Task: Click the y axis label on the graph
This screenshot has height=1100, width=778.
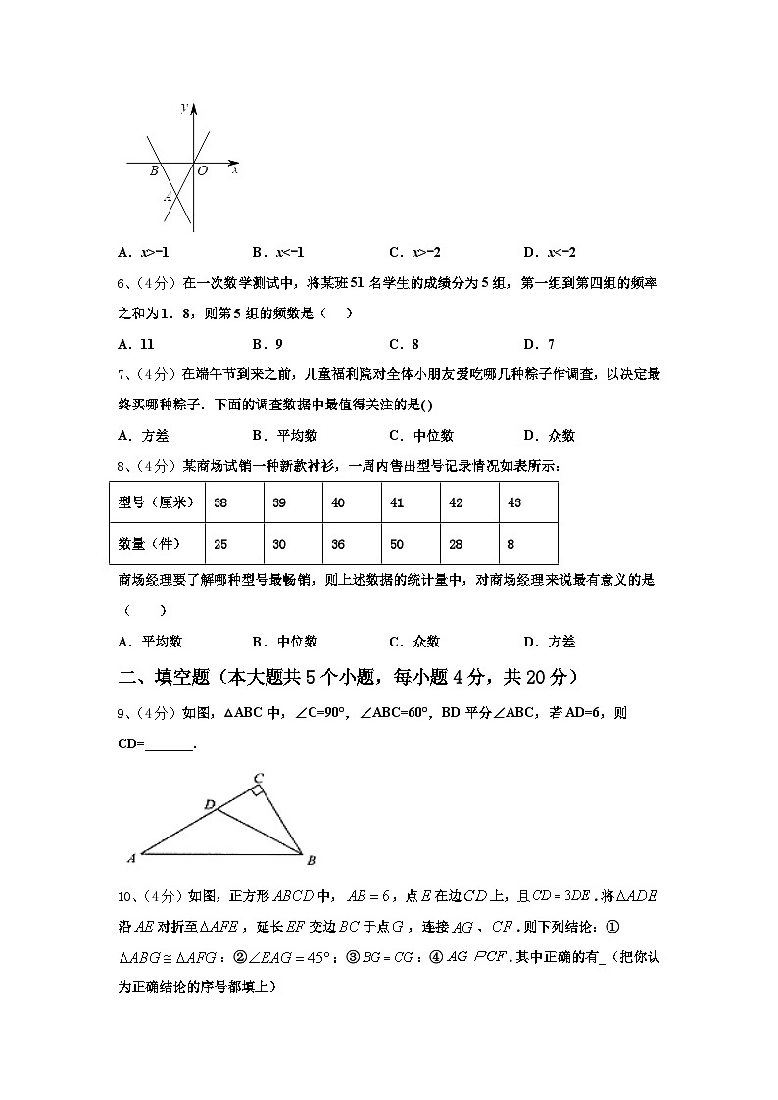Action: coord(184,107)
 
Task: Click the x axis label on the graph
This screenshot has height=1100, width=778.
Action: coord(235,169)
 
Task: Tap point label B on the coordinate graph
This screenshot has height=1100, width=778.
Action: coord(154,171)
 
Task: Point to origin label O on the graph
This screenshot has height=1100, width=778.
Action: coord(203,171)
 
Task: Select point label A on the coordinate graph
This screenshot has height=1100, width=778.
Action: coord(168,197)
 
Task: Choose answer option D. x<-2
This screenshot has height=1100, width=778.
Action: coord(550,252)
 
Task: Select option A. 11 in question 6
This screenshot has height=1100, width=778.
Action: coord(136,344)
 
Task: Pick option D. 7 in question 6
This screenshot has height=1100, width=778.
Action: coord(539,344)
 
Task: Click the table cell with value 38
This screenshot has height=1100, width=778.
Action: coord(220,502)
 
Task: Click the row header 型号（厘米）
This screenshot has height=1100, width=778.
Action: coord(156,502)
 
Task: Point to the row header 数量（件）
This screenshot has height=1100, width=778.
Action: coord(156,544)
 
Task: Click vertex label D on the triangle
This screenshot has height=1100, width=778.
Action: coord(209,804)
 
